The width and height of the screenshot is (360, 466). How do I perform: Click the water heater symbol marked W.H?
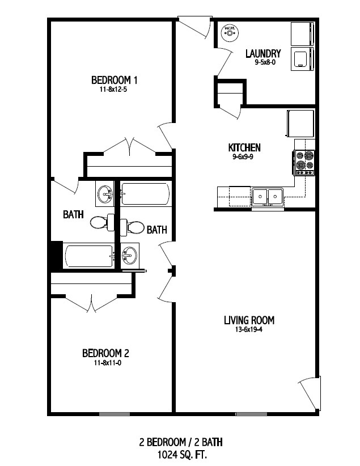[x=230, y=32]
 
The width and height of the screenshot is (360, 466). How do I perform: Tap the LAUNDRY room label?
[x=263, y=53]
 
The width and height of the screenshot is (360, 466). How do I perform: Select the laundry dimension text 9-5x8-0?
[x=263, y=62]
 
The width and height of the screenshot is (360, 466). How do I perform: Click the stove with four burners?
[x=304, y=163]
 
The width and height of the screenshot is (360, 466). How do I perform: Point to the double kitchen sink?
[x=267, y=197]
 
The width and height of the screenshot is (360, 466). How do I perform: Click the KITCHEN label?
[x=244, y=147]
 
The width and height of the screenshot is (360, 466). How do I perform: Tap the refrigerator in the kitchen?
[x=300, y=124]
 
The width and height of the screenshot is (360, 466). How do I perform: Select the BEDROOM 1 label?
[x=114, y=80]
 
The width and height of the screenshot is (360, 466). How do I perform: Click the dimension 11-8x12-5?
[x=114, y=89]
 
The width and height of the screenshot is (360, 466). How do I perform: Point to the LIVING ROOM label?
[x=249, y=320]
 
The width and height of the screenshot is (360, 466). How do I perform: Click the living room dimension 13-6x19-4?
[x=249, y=329]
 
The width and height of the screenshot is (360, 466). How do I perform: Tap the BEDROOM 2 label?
[x=105, y=353]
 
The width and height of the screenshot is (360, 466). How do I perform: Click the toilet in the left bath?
[x=102, y=222]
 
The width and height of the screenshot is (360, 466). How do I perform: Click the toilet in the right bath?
[x=132, y=227]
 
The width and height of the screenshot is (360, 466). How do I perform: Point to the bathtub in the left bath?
[x=88, y=256]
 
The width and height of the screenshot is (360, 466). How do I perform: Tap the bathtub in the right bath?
[x=146, y=194]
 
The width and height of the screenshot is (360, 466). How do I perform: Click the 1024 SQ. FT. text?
[x=181, y=455]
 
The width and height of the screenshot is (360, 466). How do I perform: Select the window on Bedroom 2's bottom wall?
[x=114, y=414]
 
